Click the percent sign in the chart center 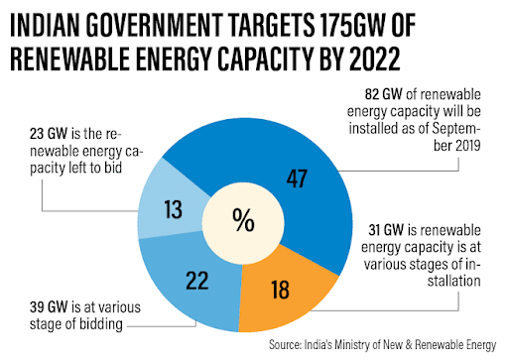pos(243,219)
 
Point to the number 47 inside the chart pos(297,179)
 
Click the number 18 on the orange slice pos(280,290)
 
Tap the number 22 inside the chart pos(197,281)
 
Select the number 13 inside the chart pos(173,209)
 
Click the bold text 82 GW pos(383,94)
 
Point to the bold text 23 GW pos(49,134)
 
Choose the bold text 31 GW pos(386,230)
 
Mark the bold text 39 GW pos(49,307)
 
